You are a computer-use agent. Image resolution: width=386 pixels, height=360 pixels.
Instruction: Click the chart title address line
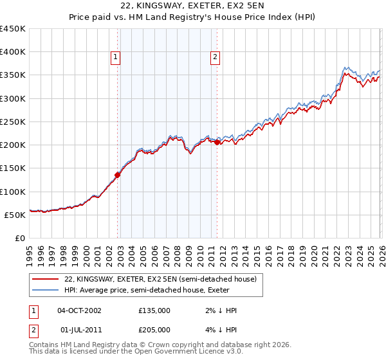193,5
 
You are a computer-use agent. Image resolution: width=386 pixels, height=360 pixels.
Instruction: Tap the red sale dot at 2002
118,174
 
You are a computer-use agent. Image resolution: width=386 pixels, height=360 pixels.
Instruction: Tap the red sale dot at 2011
217,142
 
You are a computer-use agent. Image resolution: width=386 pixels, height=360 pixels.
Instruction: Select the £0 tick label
19,238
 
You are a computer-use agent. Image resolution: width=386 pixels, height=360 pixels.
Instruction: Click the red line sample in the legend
46,279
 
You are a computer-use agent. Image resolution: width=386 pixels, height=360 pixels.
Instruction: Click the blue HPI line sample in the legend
46,289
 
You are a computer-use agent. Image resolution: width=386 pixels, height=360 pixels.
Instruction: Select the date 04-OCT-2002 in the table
79,310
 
